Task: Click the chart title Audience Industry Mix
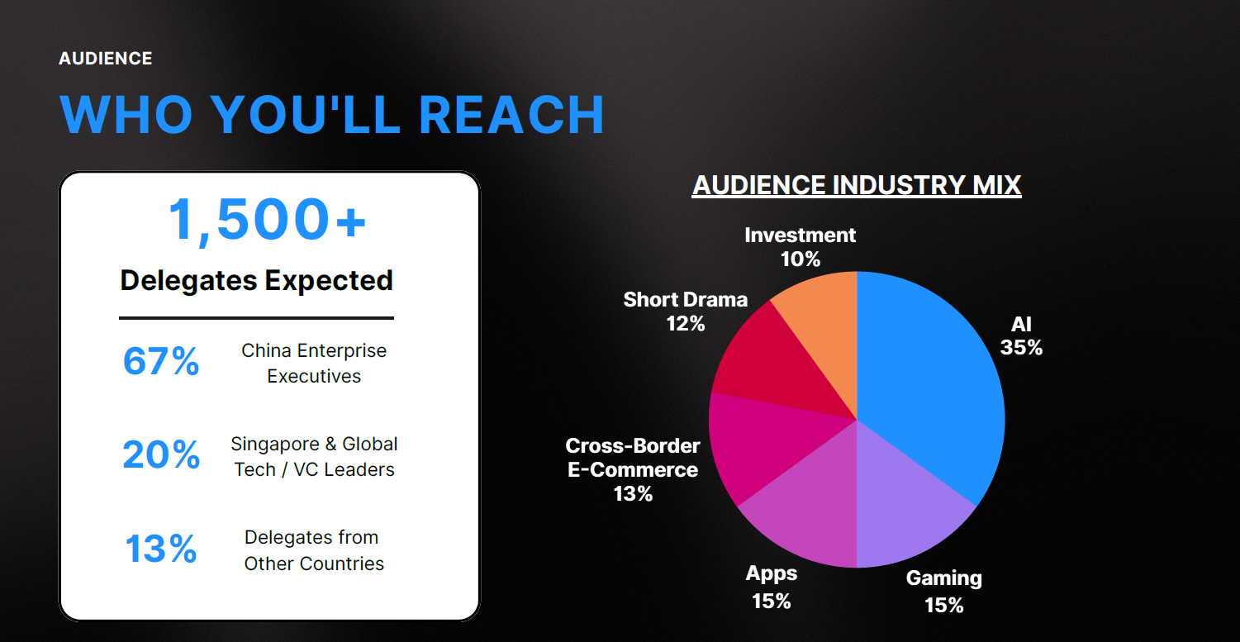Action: click(857, 185)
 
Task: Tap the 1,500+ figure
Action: click(267, 221)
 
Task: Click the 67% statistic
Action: click(160, 361)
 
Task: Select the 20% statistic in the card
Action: click(161, 455)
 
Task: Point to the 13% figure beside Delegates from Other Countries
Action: click(161, 549)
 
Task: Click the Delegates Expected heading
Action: click(256, 281)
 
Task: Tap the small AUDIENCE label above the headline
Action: click(105, 58)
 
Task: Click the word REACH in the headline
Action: click(511, 115)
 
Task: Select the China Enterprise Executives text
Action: click(314, 363)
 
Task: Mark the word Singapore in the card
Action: click(275, 445)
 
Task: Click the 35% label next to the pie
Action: click(1021, 348)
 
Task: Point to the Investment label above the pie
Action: click(800, 235)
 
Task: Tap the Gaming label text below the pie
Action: click(944, 578)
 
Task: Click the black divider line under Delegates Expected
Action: click(256, 318)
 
